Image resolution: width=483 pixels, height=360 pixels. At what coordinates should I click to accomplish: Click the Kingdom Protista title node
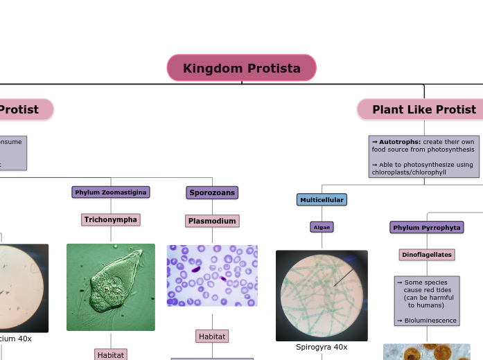pyautogui.click(x=241, y=68)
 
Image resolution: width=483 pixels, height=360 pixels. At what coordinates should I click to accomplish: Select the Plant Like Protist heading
pyautogui.click(x=423, y=109)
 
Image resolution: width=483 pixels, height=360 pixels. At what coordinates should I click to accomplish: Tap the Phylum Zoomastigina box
pyautogui.click(x=111, y=192)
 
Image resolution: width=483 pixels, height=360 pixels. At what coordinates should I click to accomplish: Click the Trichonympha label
pyautogui.click(x=111, y=219)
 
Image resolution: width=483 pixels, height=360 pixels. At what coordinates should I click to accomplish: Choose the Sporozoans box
pyautogui.click(x=212, y=192)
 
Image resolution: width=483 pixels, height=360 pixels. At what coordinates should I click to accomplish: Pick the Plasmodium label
pyautogui.click(x=212, y=221)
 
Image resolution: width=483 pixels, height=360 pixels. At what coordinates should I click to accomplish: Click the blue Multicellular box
pyautogui.click(x=322, y=199)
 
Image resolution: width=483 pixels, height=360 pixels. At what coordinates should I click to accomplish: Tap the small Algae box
pyautogui.click(x=322, y=226)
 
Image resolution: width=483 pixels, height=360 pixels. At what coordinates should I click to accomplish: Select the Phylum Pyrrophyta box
pyautogui.click(x=427, y=227)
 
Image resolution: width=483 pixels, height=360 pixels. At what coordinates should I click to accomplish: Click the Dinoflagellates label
pyautogui.click(x=427, y=255)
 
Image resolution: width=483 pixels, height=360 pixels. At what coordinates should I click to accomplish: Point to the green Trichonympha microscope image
pyautogui.click(x=111, y=287)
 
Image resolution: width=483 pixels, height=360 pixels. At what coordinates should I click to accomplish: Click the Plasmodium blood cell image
pyautogui.click(x=212, y=275)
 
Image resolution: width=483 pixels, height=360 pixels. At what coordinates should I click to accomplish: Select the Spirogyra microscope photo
pyautogui.click(x=322, y=295)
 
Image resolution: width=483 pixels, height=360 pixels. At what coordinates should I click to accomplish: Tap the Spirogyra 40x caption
pyautogui.click(x=322, y=347)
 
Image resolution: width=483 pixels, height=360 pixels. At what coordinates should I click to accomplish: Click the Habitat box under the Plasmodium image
pyautogui.click(x=212, y=336)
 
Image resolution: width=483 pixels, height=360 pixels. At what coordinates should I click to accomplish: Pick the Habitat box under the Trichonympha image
pyautogui.click(x=111, y=354)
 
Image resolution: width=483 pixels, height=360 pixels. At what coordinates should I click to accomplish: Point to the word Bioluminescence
pyautogui.click(x=430, y=321)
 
